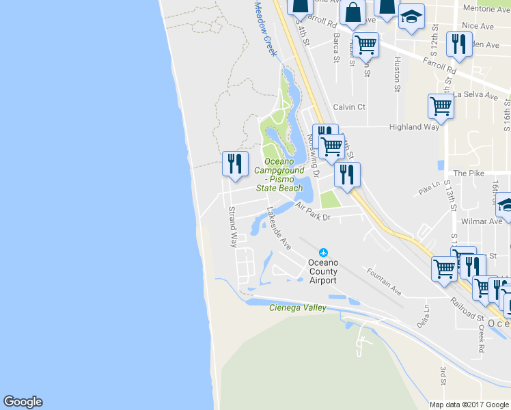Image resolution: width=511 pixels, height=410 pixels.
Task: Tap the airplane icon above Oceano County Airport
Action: [x=323, y=253]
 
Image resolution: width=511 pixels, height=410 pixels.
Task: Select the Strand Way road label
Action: [x=233, y=226]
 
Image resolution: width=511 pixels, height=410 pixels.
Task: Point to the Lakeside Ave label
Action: [x=279, y=228]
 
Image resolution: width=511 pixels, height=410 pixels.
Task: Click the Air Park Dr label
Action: [x=313, y=211]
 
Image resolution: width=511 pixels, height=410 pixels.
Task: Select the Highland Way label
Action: [x=414, y=127]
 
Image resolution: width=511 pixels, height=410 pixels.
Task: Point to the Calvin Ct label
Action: [x=349, y=107]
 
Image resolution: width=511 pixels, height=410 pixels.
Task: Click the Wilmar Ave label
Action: [x=482, y=221]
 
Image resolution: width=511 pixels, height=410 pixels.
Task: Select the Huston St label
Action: [x=397, y=74]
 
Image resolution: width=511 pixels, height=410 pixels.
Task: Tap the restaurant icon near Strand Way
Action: [x=233, y=164]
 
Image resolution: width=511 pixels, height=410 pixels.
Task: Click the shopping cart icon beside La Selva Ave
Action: [x=441, y=106]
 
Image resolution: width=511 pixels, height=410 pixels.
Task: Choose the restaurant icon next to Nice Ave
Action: [x=458, y=44]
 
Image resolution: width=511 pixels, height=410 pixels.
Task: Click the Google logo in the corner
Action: [x=23, y=402]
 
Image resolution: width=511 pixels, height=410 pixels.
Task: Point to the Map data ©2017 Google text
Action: [x=469, y=405]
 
